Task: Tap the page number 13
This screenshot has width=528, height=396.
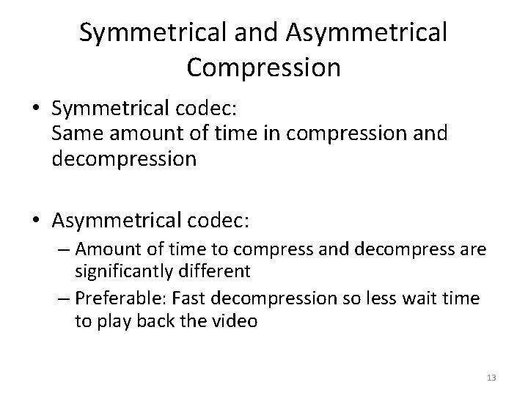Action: [x=491, y=377]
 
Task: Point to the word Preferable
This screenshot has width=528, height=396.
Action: [x=122, y=300]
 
